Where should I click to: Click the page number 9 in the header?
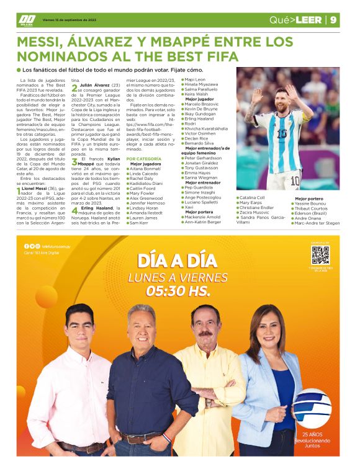pyautogui.click(x=333, y=20)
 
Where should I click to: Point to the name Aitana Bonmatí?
pyautogui.click(x=145, y=169)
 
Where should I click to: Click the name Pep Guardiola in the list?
pyautogui.click(x=200, y=188)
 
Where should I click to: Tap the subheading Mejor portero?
pyautogui.click(x=308, y=199)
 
